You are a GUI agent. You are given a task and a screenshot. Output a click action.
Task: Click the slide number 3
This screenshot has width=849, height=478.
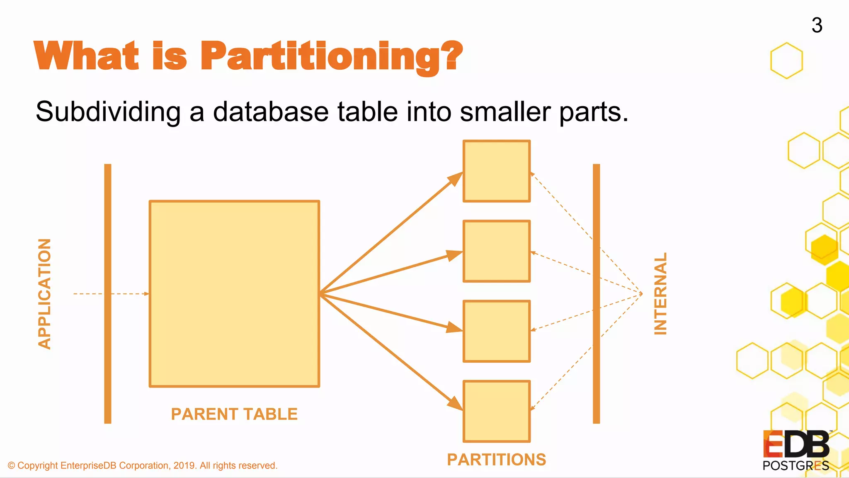click(x=817, y=25)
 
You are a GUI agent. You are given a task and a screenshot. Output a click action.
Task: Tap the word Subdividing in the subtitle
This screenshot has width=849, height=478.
click(x=108, y=112)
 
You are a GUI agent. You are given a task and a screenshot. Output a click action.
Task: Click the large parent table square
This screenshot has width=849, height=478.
click(x=234, y=294)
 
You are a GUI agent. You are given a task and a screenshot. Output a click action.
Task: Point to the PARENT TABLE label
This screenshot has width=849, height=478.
click(x=234, y=414)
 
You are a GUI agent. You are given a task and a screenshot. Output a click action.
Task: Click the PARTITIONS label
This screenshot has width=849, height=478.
click(x=496, y=460)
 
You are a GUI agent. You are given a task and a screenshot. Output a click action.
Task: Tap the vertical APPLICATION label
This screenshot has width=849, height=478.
click(x=44, y=294)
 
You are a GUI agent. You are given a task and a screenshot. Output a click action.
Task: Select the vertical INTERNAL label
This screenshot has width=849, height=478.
click(x=660, y=294)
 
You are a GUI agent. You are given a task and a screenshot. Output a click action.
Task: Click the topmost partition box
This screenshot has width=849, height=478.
click(x=497, y=171)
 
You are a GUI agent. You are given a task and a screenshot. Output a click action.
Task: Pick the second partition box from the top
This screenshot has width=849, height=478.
click(x=497, y=251)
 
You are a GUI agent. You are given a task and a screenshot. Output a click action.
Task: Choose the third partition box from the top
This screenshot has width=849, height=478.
click(x=497, y=331)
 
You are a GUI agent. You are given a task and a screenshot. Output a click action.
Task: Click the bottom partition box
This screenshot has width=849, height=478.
click(x=497, y=411)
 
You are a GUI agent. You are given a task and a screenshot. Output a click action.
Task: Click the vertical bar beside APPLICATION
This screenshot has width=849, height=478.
click(x=108, y=294)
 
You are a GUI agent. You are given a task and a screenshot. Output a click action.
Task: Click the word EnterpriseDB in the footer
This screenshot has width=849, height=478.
click(x=88, y=466)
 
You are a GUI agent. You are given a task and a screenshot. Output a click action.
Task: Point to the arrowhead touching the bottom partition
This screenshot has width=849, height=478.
click(x=456, y=403)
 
